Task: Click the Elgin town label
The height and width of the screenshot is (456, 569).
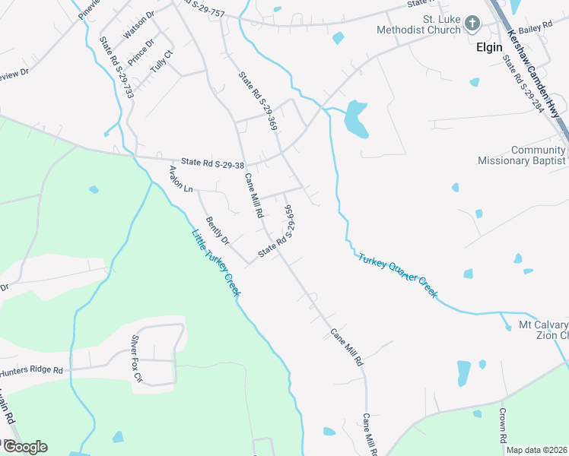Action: click(489, 47)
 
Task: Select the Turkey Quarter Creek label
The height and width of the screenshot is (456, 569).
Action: click(398, 274)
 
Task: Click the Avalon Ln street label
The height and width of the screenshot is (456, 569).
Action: click(182, 179)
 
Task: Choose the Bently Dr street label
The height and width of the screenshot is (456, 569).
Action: click(217, 228)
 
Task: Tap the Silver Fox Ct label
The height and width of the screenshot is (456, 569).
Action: click(137, 358)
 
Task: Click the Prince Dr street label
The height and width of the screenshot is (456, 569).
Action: click(141, 52)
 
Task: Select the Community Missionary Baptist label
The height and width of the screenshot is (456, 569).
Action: click(521, 155)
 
